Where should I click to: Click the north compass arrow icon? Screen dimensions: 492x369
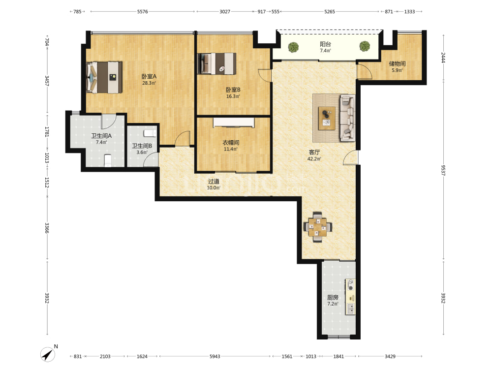coord(48,355)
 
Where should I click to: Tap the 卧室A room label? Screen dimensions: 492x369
coord(149,76)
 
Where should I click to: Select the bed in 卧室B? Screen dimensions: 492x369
coord(216,63)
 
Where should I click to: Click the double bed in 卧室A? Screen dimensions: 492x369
coord(104,77)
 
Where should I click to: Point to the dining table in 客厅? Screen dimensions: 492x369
coord(317,227)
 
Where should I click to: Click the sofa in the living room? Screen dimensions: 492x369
coord(348,118)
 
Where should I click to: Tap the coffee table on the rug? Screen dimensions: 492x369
coord(327,118)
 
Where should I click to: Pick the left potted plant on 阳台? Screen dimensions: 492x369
coord(293,47)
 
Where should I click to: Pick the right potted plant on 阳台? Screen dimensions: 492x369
coord(365,46)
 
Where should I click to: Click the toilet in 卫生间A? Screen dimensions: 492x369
coord(108,160)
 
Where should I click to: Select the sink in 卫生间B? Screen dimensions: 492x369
coord(150,133)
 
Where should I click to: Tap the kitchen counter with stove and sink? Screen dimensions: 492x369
coord(350,297)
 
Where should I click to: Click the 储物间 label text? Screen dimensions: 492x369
coord(397,63)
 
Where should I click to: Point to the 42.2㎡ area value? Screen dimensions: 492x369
coord(314,159)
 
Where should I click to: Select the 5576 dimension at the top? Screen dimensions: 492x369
coord(143,12)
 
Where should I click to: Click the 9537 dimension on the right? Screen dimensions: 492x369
coord(443,170)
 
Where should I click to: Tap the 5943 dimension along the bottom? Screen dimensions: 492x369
coord(215,356)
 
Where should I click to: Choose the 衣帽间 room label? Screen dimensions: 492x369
coord(231,143)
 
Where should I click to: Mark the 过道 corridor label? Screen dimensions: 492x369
coord(214,182)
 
